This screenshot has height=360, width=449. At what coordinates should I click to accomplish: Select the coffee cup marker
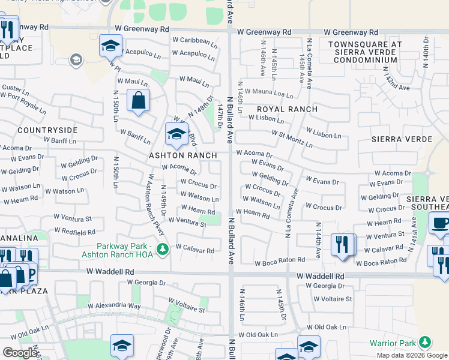point(441,224)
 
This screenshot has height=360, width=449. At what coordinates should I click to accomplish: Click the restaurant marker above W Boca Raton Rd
point(343,245)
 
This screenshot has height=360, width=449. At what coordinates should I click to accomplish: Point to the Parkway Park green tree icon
point(161,248)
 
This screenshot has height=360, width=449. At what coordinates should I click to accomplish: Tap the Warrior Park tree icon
point(425,343)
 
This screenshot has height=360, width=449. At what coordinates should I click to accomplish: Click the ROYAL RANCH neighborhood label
point(282,109)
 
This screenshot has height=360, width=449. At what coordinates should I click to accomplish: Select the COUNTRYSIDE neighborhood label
point(47,130)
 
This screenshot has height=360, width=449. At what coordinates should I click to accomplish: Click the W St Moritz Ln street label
point(292,139)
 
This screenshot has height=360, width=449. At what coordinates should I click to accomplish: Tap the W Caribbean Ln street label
point(194,42)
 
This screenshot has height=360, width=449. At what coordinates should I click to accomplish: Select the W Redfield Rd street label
point(74,232)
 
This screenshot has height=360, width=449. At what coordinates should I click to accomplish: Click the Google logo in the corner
point(20,353)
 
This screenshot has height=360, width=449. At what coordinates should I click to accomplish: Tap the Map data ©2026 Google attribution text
point(412,355)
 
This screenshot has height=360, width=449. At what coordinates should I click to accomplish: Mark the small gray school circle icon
point(76,59)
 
